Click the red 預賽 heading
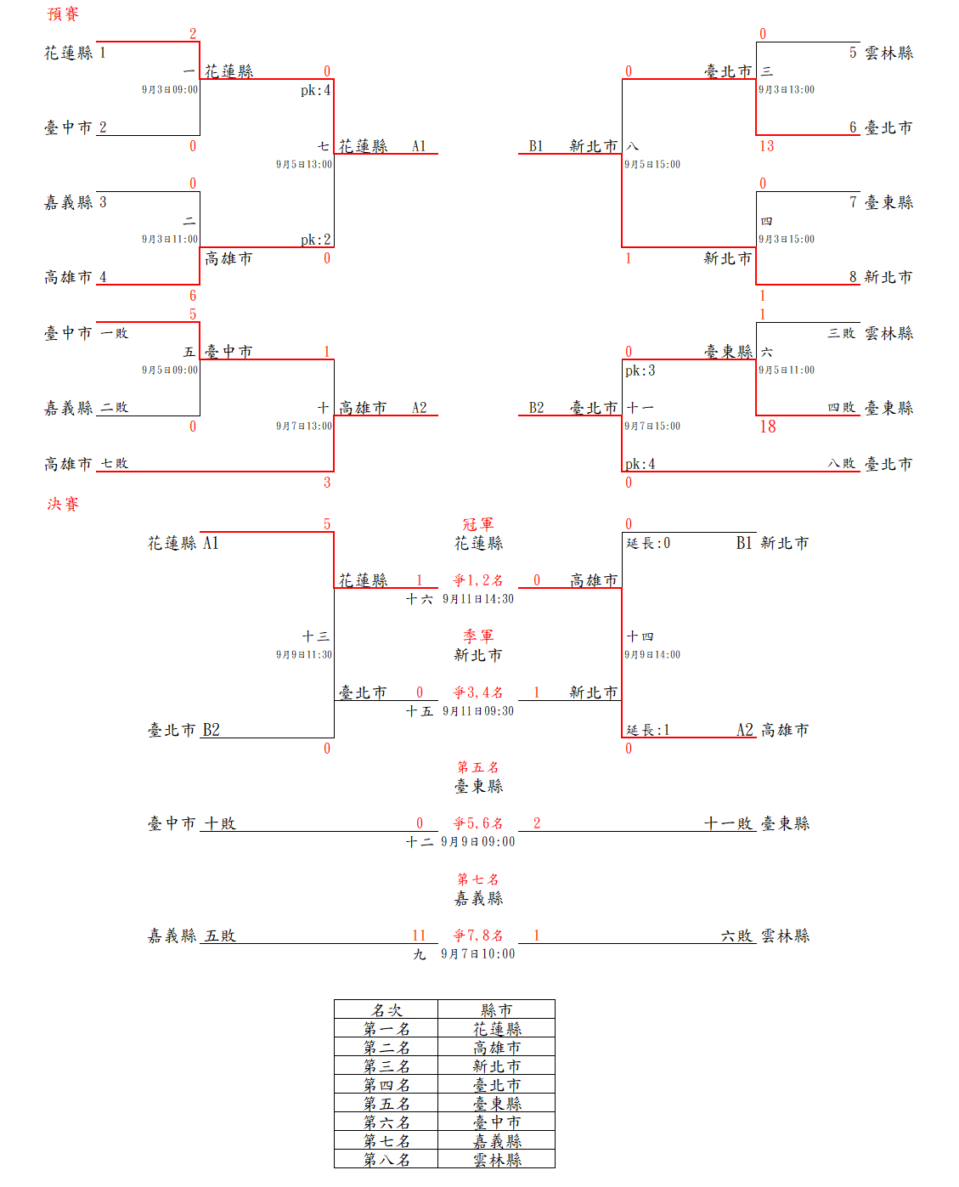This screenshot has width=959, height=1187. click(63, 14)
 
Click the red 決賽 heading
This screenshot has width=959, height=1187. click(63, 504)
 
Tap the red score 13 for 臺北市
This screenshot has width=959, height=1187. click(767, 146)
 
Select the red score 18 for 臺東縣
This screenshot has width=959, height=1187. click(768, 427)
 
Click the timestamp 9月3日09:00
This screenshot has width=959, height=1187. click(170, 89)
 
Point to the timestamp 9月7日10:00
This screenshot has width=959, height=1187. click(478, 954)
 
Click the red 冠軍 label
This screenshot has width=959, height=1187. click(478, 524)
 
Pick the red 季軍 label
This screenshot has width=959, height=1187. click(478, 636)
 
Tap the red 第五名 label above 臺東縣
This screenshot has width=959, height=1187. click(478, 767)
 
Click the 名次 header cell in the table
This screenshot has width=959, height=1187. click(386, 1009)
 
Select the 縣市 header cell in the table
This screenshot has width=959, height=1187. click(496, 1009)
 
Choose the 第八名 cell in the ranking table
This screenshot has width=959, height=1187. click(386, 1159)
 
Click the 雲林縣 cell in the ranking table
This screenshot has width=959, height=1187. click(497, 1159)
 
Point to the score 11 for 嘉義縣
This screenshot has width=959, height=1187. click(419, 935)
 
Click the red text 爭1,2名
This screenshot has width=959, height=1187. click(478, 580)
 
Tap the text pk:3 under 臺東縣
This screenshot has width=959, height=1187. click(640, 370)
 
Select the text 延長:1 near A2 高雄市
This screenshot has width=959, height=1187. click(648, 730)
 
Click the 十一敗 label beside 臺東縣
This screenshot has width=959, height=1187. click(729, 823)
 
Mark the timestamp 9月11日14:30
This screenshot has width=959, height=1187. click(478, 599)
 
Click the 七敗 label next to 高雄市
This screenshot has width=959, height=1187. click(115, 464)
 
